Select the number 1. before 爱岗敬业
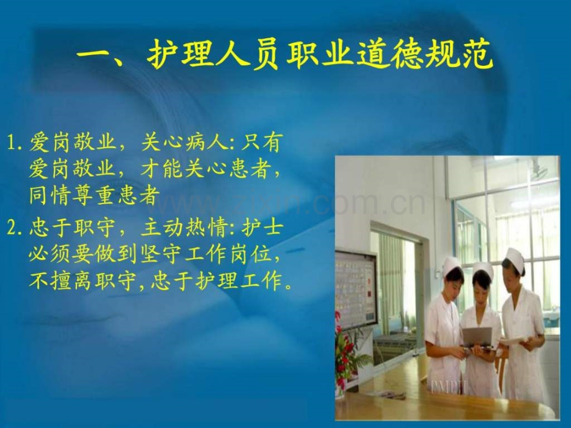tap(17, 143)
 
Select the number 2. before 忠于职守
tap(17, 228)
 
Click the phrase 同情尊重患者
tap(94, 195)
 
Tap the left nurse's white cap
tap(452, 265)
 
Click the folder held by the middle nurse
tap(477, 337)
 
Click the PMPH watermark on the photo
tap(447, 386)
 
